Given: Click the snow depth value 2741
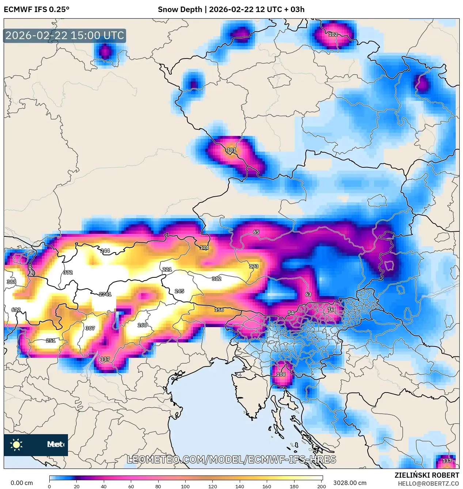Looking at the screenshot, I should point(105,294).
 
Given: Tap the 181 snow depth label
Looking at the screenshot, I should point(231,150).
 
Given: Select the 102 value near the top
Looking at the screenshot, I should point(333,34).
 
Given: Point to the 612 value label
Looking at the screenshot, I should point(16,310).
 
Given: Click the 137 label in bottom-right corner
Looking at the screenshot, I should point(447,461).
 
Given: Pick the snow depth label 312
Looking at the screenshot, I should point(216,278).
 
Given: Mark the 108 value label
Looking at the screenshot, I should point(281,374).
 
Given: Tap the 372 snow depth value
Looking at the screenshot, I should point(68,273).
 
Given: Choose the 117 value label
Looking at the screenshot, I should point(105,359).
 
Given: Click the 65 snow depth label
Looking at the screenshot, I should point(256,232).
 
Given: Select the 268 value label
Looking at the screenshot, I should point(142,325).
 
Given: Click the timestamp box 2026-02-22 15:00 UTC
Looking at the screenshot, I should point(65,35).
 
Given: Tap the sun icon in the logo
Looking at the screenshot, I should point(16,444).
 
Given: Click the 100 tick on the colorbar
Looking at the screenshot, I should point(185,486).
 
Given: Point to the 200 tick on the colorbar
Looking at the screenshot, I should point(321,486).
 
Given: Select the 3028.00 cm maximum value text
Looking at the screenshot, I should point(350,483).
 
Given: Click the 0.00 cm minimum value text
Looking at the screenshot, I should point(22,483).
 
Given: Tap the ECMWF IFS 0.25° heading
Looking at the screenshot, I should point(37,10).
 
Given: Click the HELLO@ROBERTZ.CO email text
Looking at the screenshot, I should point(428,484).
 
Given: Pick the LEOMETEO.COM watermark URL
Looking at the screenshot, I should point(231,459).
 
